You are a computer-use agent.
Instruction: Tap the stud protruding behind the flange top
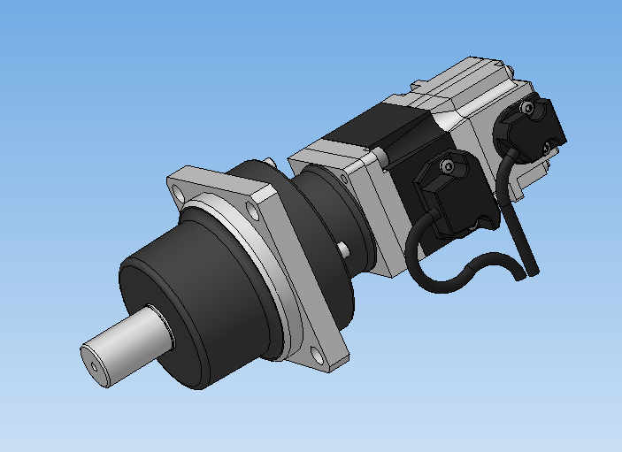tap(269, 161)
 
